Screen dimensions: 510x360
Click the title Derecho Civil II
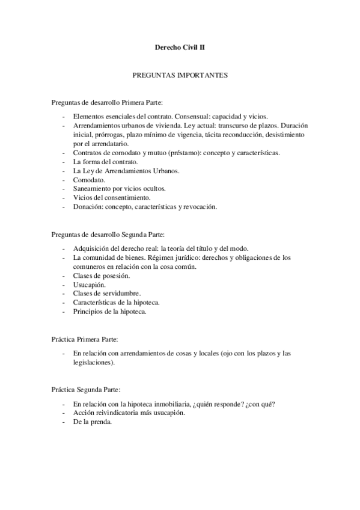pyautogui.click(x=180, y=46)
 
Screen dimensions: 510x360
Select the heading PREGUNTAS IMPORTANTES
pyautogui.click(x=180, y=76)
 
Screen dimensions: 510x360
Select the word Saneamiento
pyautogui.click(x=93, y=188)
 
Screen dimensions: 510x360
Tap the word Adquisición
pyautogui.click(x=92, y=248)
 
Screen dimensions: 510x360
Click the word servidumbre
pyautogui.click(x=119, y=293)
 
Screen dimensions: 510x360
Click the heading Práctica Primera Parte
pyautogui.click(x=88, y=340)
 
